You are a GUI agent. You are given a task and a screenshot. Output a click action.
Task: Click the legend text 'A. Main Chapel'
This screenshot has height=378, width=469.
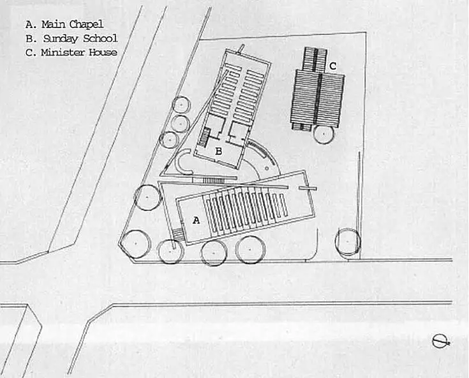[64, 24]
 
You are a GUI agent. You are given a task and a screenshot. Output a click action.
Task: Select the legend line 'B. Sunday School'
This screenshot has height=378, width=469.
[71, 38]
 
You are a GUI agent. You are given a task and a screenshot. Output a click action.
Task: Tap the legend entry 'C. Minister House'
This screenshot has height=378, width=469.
[71, 52]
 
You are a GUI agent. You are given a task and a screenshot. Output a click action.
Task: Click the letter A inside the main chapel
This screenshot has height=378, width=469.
[196, 220]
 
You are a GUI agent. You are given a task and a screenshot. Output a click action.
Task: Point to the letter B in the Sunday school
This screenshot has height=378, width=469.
[219, 151]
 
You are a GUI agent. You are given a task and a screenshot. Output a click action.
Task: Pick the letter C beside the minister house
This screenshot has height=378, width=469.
[332, 66]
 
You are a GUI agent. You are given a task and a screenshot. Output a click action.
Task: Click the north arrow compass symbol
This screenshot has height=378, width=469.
[440, 342]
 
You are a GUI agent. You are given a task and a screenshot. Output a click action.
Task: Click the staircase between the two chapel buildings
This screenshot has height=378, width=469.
[213, 181]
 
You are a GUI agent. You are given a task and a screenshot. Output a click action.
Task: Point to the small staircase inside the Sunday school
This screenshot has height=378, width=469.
[205, 137]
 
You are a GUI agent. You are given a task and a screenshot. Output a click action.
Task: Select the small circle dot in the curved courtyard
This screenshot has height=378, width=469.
[267, 168]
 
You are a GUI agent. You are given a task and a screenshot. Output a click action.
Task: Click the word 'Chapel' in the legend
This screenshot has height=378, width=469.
[86, 24]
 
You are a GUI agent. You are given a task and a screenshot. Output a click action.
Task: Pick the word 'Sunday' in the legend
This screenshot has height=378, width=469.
[60, 39]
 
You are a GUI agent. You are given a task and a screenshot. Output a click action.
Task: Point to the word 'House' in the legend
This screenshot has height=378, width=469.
[102, 52]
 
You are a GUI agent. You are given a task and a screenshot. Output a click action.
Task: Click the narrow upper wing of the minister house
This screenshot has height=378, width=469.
[315, 58]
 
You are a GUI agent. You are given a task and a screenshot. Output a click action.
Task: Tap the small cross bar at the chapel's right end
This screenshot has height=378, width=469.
[308, 188]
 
